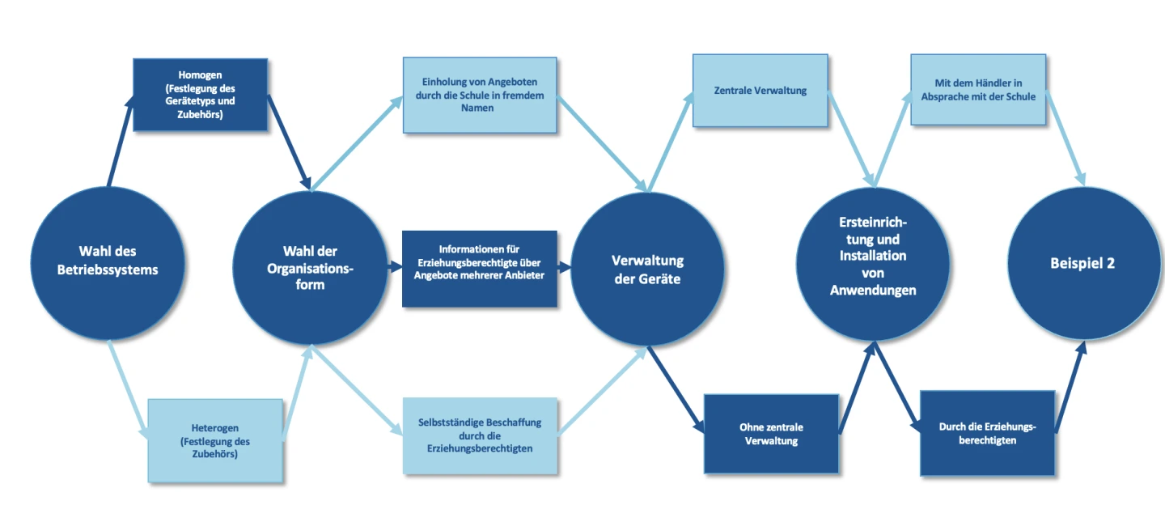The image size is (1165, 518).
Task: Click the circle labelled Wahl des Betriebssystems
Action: point(108,261)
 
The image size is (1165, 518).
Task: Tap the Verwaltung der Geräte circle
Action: point(647,270)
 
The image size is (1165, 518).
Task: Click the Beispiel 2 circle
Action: point(1082,263)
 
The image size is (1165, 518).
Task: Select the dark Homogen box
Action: point(200,95)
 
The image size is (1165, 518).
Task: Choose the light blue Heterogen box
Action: point(214,440)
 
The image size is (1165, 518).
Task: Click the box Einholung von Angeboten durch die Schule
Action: point(479,95)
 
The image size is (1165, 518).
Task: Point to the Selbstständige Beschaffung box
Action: point(480,435)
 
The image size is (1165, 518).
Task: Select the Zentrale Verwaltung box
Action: point(760,91)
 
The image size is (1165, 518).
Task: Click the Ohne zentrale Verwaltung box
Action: point(770,434)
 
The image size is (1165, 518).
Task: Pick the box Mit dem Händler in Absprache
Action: point(977,90)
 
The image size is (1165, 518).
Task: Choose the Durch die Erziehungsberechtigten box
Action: point(987,434)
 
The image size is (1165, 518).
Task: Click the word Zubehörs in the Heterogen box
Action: point(214,455)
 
